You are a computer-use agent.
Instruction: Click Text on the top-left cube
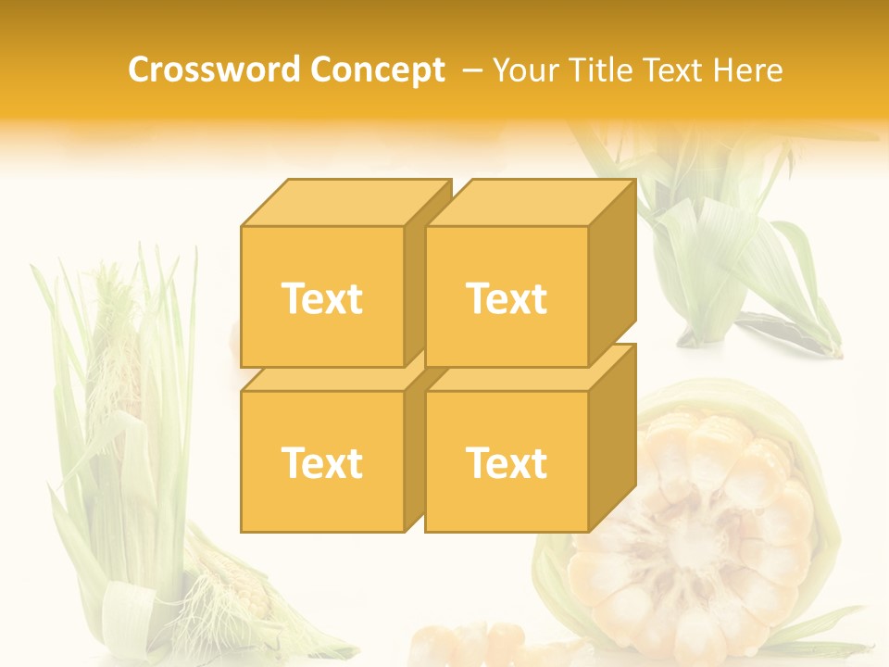(x=321, y=299)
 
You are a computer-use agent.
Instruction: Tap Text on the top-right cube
(x=507, y=299)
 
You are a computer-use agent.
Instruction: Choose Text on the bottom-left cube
(x=321, y=462)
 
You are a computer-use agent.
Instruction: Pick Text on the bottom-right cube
(x=507, y=462)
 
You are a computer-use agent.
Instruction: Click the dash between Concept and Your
(x=470, y=69)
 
